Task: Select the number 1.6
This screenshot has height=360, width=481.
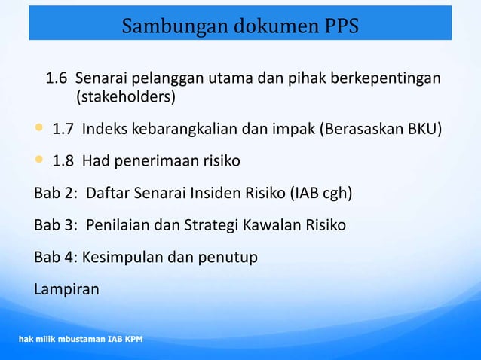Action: [x=57, y=78]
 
